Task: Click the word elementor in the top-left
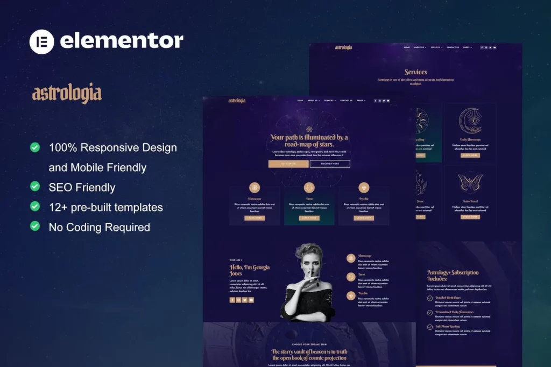(122, 41)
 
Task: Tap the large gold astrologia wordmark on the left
(67, 94)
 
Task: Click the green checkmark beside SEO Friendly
(35, 186)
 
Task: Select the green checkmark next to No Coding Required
(35, 226)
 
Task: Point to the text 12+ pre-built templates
(105, 207)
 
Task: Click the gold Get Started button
(288, 164)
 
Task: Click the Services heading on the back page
(415, 72)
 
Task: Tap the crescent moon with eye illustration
(470, 122)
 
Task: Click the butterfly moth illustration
(470, 182)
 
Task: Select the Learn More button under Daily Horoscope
(470, 156)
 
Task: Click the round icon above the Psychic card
(364, 187)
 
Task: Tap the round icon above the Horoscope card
(255, 187)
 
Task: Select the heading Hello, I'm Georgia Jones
(250, 270)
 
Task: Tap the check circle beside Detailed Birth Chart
(429, 298)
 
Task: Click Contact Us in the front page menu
(346, 101)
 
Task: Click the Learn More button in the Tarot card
(309, 218)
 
